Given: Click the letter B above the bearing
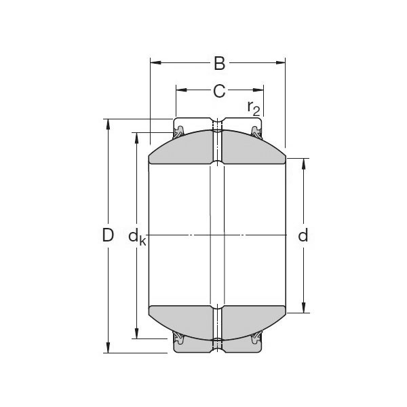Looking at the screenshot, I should tap(219, 64).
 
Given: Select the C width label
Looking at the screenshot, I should tap(219, 90).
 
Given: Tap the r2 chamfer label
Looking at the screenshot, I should tap(254, 107).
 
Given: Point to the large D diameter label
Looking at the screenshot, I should tap(107, 236).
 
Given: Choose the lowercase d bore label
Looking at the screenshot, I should tap(303, 236).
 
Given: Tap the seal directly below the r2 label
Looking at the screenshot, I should tap(257, 130).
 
